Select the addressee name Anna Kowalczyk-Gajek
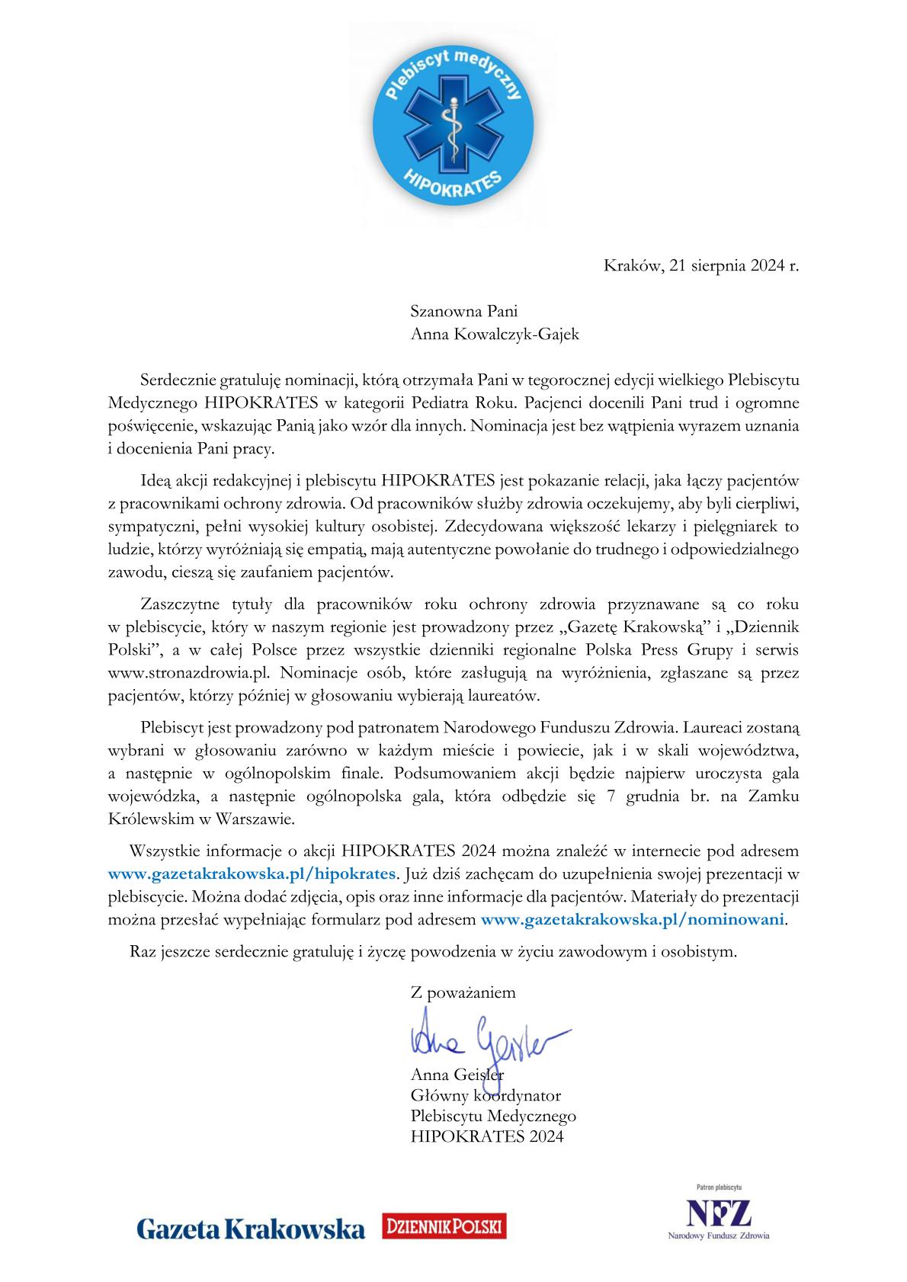495,334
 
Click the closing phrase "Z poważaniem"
463,992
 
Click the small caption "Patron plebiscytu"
720,1187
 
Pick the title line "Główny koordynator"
486,1096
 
